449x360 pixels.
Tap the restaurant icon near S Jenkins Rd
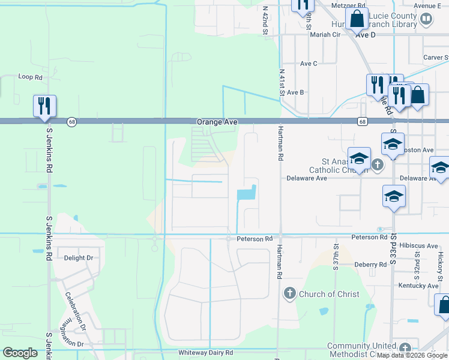[44, 106]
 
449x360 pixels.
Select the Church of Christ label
[329, 294]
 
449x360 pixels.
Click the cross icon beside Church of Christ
[289, 293]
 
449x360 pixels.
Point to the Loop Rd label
[31, 77]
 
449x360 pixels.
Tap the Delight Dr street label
[79, 258]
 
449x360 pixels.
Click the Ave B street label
[295, 92]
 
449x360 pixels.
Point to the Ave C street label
[309, 64]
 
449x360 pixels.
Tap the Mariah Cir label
[325, 35]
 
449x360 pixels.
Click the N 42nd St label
[264, 20]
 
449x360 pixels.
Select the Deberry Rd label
[370, 265]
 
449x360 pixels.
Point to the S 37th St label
[336, 256]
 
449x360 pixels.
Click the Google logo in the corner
[20, 353]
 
